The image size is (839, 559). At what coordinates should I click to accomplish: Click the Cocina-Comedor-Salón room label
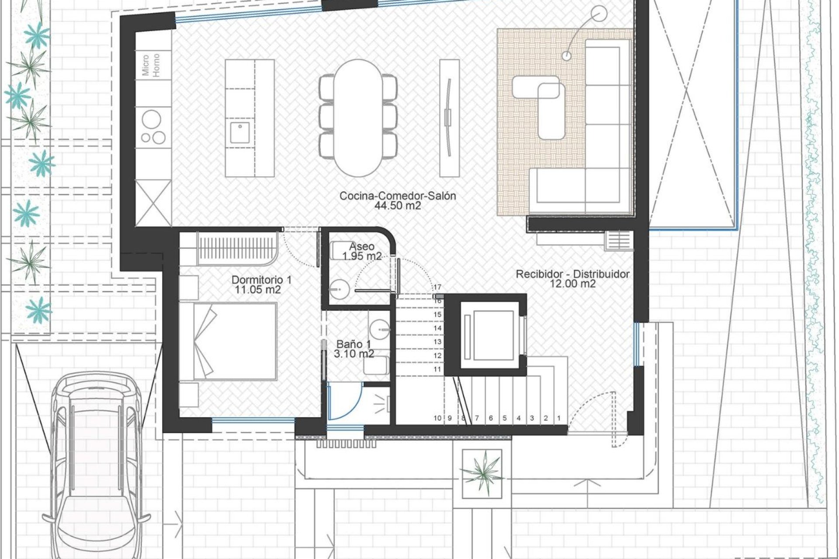398,196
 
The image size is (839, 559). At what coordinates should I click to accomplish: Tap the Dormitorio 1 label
261,279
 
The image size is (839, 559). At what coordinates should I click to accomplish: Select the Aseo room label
361,247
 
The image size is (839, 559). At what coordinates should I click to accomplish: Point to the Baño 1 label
354,344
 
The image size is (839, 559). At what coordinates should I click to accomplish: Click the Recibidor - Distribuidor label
572,274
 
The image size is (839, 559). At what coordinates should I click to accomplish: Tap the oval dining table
358,117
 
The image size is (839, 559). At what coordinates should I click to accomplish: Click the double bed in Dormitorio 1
228,341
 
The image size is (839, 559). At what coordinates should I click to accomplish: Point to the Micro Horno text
151,65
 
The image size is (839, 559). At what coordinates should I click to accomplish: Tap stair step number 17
437,287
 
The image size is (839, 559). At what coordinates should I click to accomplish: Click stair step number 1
559,418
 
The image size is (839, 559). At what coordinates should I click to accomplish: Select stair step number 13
437,342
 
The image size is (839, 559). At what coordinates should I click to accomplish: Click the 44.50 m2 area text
398,206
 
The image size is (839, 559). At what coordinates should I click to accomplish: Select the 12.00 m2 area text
573,284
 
